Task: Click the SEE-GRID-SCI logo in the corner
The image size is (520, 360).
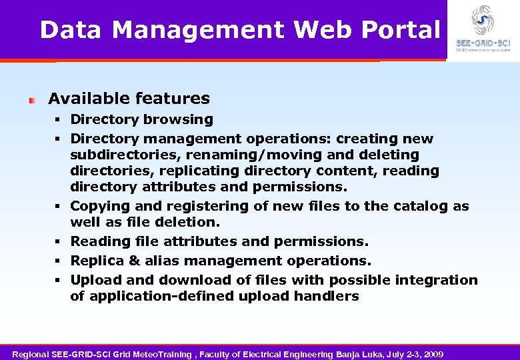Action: pyautogui.click(x=483, y=30)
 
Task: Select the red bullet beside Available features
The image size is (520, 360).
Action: pyautogui.click(x=31, y=100)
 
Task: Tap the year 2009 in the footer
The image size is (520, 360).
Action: pyautogui.click(x=432, y=353)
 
